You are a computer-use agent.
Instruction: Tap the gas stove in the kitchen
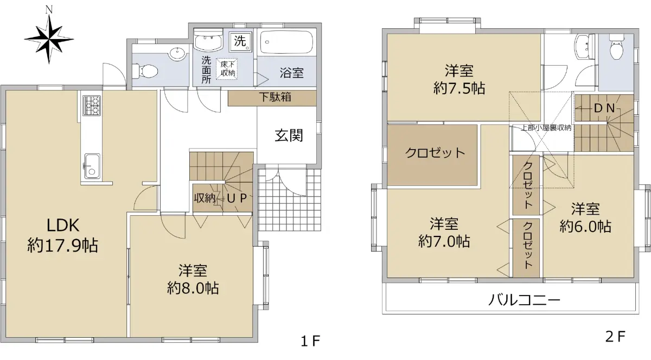click(92, 105)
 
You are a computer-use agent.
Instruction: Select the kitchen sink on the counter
click(92, 166)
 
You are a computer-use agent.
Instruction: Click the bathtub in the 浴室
click(286, 42)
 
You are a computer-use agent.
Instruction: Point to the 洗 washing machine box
click(240, 41)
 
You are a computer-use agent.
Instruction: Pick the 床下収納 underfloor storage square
click(226, 69)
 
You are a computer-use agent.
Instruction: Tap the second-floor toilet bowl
click(616, 48)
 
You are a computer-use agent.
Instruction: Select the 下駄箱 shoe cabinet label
click(275, 97)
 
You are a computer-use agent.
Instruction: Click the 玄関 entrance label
click(289, 136)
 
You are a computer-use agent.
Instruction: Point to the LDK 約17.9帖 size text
click(63, 246)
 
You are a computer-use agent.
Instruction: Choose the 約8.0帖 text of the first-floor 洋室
click(193, 288)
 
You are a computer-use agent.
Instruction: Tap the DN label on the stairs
click(604, 108)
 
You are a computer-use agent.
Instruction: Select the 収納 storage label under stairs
click(205, 198)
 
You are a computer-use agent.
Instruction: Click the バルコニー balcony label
click(524, 300)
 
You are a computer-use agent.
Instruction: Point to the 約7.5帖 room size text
click(459, 88)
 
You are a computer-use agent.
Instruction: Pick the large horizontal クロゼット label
click(435, 153)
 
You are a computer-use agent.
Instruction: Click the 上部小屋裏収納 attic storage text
click(546, 128)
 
